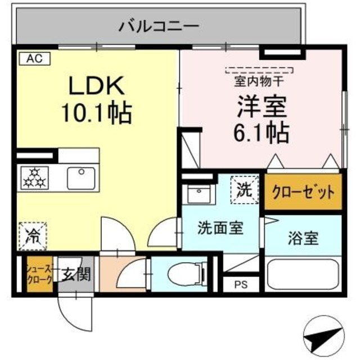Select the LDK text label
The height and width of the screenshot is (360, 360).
point(96,87)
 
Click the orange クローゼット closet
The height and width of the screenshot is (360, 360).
point(303,192)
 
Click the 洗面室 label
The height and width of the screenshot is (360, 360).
point(220,229)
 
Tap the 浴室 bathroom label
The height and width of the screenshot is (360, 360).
point(303,238)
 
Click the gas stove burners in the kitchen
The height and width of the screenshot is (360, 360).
point(35,178)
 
